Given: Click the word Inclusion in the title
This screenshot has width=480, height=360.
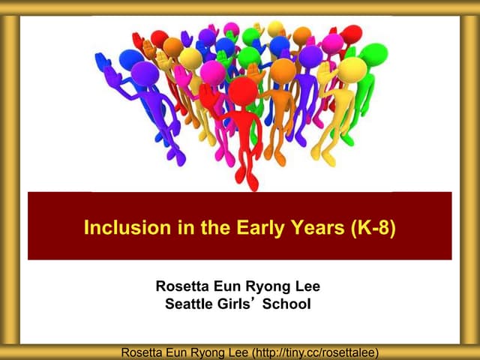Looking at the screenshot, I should pyautogui.click(x=118, y=226).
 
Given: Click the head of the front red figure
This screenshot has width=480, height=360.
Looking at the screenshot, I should pyautogui.click(x=242, y=91).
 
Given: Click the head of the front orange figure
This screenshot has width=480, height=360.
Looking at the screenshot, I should pyautogui.click(x=283, y=71).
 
